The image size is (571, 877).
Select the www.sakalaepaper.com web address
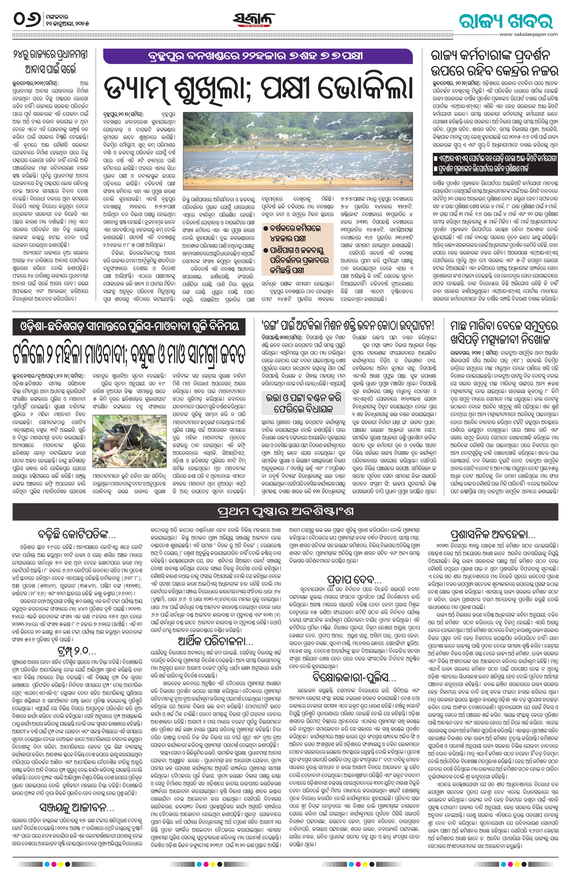[528, 34]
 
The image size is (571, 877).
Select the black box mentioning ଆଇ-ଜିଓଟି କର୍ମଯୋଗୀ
[495, 164]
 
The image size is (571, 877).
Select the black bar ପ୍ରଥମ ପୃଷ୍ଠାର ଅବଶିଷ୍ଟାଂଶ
[285, 513]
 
